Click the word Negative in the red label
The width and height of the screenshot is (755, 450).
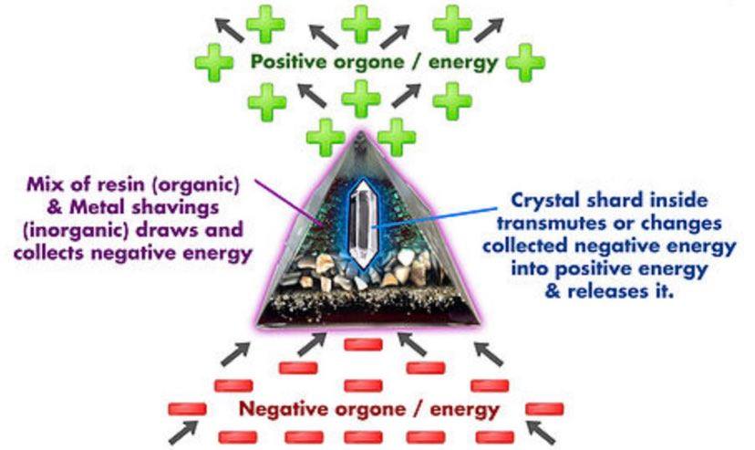(278, 408)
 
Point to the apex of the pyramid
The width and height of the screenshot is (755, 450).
(362, 135)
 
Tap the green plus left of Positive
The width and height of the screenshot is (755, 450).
(216, 63)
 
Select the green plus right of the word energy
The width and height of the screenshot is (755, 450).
(525, 63)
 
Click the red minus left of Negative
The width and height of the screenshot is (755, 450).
(188, 408)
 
